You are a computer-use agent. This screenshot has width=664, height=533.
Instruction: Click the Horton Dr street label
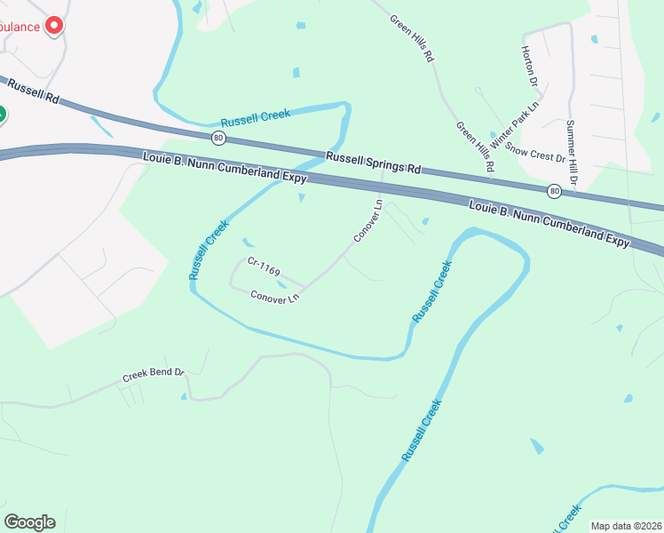pos(531,67)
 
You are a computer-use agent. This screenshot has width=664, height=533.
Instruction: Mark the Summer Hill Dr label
pos(572,153)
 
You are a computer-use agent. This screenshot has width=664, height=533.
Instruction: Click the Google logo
pos(29,522)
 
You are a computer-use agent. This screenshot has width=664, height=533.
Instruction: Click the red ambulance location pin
pos(55,26)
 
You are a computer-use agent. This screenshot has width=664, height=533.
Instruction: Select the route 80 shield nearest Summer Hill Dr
pos(554,190)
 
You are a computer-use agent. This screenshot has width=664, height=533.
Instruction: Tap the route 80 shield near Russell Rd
pos(218,138)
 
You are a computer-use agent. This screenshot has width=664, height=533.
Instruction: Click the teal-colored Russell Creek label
pos(256,118)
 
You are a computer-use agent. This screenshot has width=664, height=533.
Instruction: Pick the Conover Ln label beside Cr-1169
pos(274,298)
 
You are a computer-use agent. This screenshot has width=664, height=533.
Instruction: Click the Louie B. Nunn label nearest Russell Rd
pos(224,168)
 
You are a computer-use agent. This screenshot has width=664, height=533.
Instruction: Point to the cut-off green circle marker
pos(2,115)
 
